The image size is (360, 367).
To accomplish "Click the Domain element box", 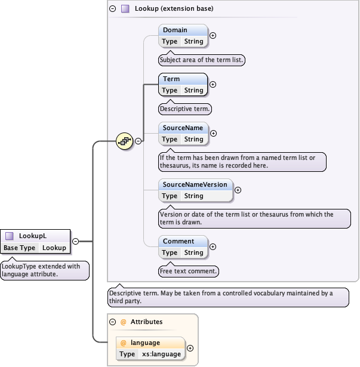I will [183, 36].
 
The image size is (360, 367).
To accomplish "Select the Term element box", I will [183, 85].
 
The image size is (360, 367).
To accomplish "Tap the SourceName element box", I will [183, 134].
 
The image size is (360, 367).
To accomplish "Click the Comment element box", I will [183, 247].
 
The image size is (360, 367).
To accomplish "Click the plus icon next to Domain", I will [213, 35].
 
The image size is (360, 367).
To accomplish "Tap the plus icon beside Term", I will [213, 84].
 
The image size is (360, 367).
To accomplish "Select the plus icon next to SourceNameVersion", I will [238, 190].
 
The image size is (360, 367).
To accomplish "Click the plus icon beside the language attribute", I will [190, 348].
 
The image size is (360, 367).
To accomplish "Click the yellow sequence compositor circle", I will [125, 141].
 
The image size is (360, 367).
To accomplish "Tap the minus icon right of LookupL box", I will [76, 242].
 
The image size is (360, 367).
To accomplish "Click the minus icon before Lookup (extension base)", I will [112, 9].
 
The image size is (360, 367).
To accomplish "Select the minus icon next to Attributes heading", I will [112, 322].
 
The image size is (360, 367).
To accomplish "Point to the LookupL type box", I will [35, 242].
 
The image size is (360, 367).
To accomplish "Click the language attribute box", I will [150, 349].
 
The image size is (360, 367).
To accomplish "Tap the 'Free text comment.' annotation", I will [189, 272].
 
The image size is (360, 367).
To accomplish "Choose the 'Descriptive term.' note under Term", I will [185, 109].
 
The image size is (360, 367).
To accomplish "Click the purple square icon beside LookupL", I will [10, 236].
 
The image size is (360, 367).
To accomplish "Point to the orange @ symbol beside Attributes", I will [124, 322].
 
